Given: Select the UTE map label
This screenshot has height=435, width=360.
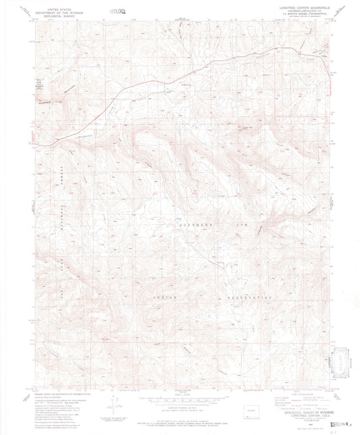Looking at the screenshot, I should [263, 223].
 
